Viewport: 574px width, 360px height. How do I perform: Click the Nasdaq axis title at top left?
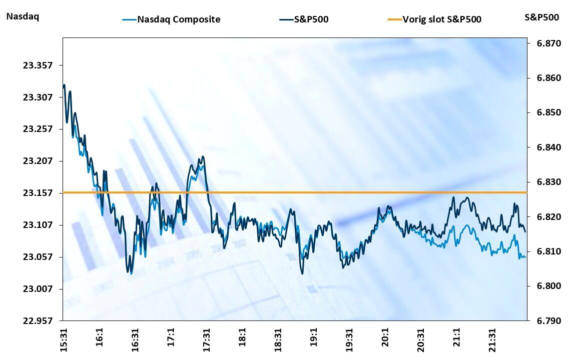coord(23,16)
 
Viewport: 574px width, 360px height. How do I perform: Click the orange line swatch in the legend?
coord(394,20)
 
